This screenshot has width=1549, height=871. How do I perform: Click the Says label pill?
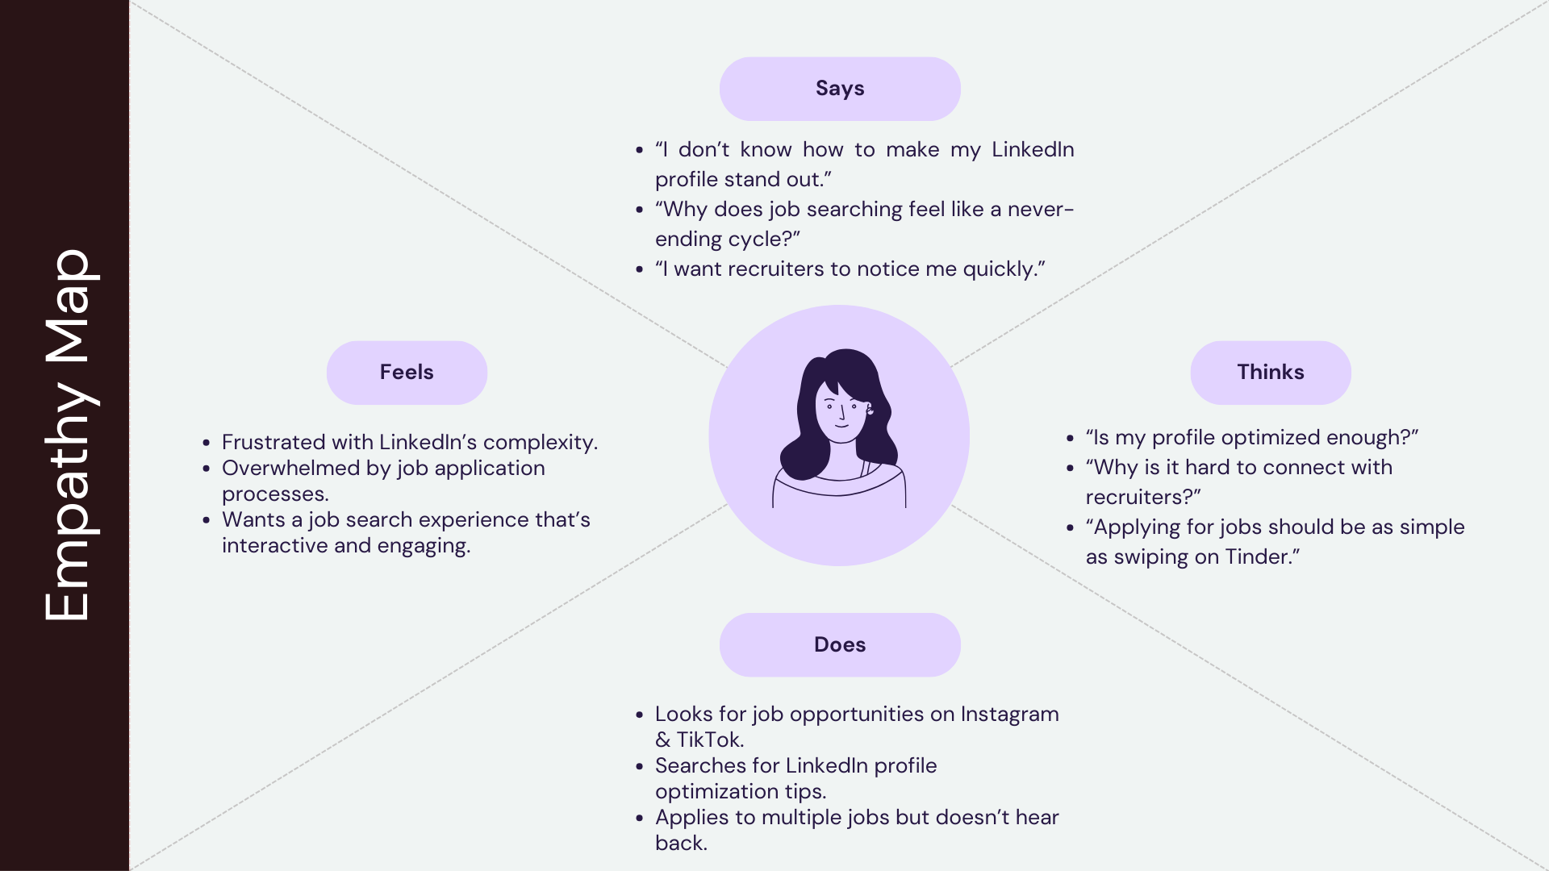tap(840, 89)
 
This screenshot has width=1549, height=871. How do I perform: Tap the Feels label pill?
tap(407, 373)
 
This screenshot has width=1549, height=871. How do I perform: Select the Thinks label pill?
tap(1270, 373)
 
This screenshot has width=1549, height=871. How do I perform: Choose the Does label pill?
tap(840, 645)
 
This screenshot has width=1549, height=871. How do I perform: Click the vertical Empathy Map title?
tap(68, 435)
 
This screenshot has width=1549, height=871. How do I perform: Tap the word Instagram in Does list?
tap(1009, 715)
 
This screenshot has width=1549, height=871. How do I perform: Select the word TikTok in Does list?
tap(708, 740)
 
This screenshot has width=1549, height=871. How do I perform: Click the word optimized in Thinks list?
tap(1271, 438)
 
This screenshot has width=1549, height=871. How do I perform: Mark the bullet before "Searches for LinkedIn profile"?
tap(640, 766)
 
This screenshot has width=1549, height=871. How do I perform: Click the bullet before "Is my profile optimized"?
tap(1071, 439)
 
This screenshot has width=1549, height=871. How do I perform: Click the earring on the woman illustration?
tap(871, 410)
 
